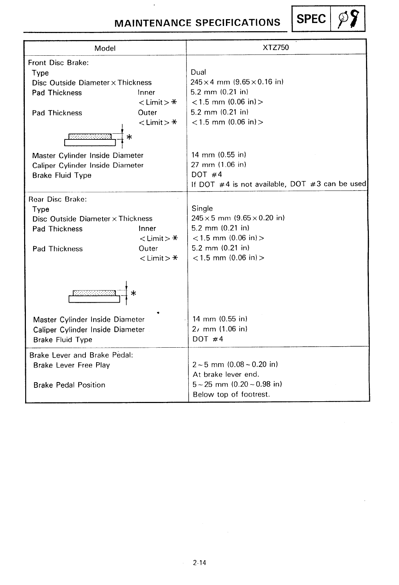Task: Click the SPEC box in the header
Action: pos(311,19)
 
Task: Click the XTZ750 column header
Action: pos(276,48)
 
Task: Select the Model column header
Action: pos(105,48)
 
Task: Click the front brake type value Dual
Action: pos(198,72)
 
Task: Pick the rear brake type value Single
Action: pos(202,209)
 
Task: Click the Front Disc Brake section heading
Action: pos(59,63)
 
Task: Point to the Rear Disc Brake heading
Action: pos(57,199)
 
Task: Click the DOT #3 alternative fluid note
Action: pos(278,184)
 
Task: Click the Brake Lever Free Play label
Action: pos(72,365)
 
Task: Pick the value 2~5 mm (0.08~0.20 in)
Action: pos(235,364)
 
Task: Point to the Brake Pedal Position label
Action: pos(69,385)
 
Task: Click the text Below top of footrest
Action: pos(231,394)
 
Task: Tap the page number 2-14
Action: pos(200,563)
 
